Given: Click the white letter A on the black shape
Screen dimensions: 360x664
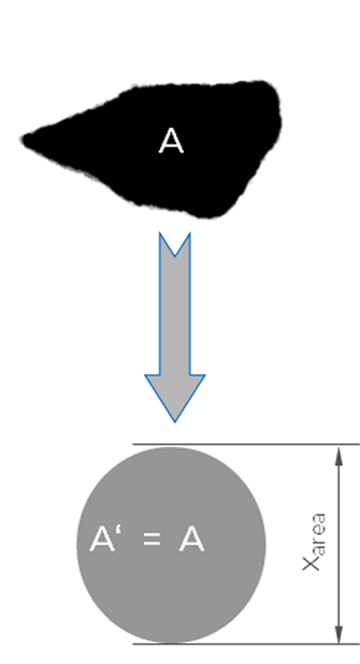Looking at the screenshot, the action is tap(171, 141).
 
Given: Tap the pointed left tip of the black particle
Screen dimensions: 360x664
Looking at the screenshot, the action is tap(23, 139).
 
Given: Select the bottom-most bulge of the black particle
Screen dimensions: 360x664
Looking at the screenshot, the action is tap(208, 215).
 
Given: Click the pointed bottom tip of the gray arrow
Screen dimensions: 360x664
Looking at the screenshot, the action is tap(175, 422).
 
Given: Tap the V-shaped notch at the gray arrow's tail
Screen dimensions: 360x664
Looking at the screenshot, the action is tap(175, 255).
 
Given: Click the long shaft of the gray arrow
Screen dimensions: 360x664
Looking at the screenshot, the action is tap(175, 315).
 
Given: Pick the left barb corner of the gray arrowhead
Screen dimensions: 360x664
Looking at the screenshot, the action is tap(146, 375).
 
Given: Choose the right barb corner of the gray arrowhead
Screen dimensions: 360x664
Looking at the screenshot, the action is tap(205, 375).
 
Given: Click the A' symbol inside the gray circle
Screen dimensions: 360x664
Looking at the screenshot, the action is tap(106, 539).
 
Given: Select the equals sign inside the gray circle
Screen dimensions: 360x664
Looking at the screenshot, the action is tap(152, 539).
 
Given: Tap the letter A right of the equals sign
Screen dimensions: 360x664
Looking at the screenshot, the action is tap(192, 539).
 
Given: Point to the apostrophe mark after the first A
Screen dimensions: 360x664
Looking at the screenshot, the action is tap(119, 530).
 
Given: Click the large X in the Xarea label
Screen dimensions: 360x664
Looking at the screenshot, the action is tap(310, 562).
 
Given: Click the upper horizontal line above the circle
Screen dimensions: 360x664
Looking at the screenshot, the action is tap(246, 444).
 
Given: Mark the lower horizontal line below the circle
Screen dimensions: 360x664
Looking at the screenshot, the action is tap(246, 644).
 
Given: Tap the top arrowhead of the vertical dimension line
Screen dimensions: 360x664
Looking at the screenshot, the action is tap(338, 455).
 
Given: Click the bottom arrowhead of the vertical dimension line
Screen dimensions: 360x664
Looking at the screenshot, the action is tap(338, 633).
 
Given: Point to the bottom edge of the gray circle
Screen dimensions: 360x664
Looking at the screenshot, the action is tap(171, 642).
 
